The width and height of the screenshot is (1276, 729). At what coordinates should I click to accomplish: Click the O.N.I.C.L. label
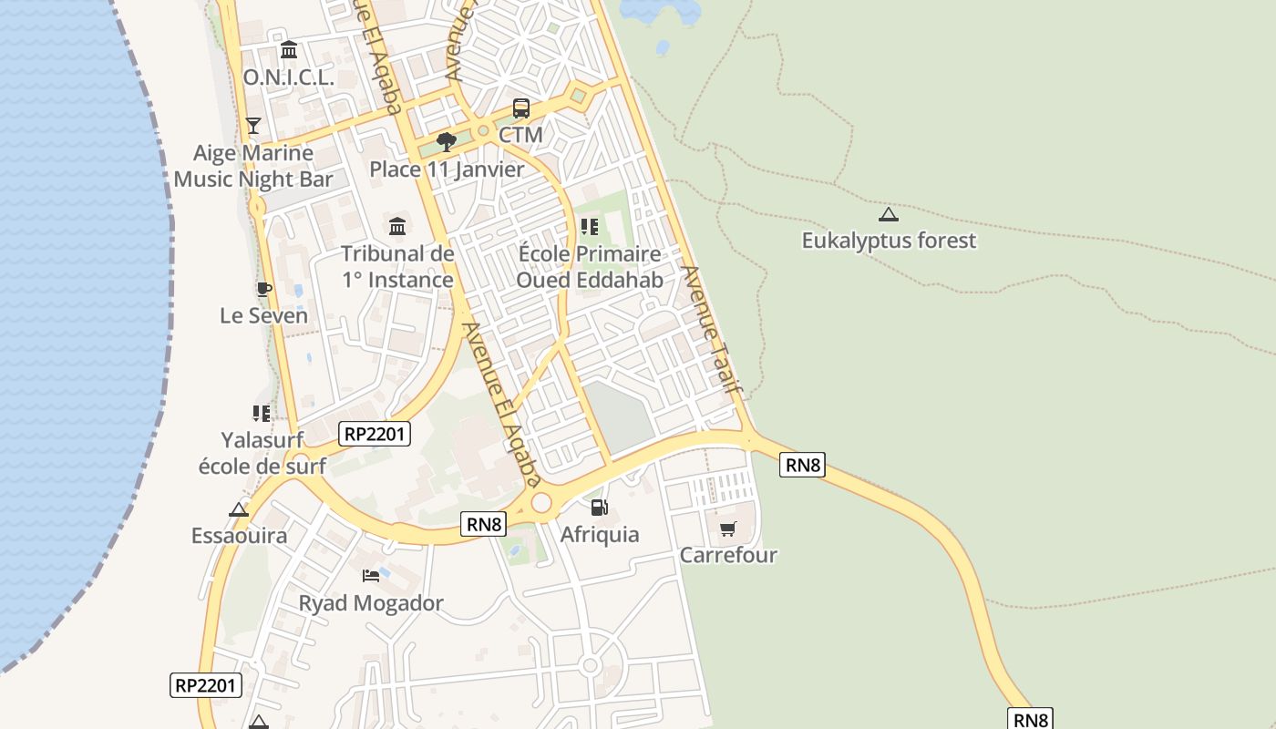(288, 77)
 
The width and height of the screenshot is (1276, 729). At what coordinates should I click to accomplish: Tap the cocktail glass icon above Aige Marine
(253, 125)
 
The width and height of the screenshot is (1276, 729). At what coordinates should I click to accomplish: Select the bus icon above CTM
(521, 108)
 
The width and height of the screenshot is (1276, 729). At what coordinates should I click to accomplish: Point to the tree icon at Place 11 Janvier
(446, 141)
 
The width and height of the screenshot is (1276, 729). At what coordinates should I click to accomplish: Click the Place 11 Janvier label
(447, 169)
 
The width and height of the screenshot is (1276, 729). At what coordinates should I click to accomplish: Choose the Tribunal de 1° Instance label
(397, 266)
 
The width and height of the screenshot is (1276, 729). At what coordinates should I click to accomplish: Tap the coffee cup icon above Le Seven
(263, 290)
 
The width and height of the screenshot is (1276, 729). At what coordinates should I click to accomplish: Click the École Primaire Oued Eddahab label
(590, 266)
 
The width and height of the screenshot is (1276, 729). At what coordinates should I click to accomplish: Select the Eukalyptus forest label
(889, 241)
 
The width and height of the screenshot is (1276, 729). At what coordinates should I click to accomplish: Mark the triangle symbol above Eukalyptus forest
(889, 215)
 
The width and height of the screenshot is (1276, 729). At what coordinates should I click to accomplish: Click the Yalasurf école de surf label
(262, 452)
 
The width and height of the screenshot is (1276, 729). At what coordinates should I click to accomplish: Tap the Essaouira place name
(239, 535)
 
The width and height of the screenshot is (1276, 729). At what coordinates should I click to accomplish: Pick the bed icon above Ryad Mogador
(371, 575)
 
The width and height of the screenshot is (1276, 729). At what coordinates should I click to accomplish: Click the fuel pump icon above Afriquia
(599, 507)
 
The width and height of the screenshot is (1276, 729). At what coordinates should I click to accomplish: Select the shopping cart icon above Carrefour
(727, 529)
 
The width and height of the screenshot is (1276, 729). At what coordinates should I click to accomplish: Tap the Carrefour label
(728, 555)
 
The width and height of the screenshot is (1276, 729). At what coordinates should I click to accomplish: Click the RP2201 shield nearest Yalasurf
(375, 434)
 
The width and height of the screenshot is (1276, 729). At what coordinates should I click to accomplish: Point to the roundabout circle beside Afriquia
(541, 502)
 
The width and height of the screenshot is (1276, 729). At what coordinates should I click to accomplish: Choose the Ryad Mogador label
(371, 603)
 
